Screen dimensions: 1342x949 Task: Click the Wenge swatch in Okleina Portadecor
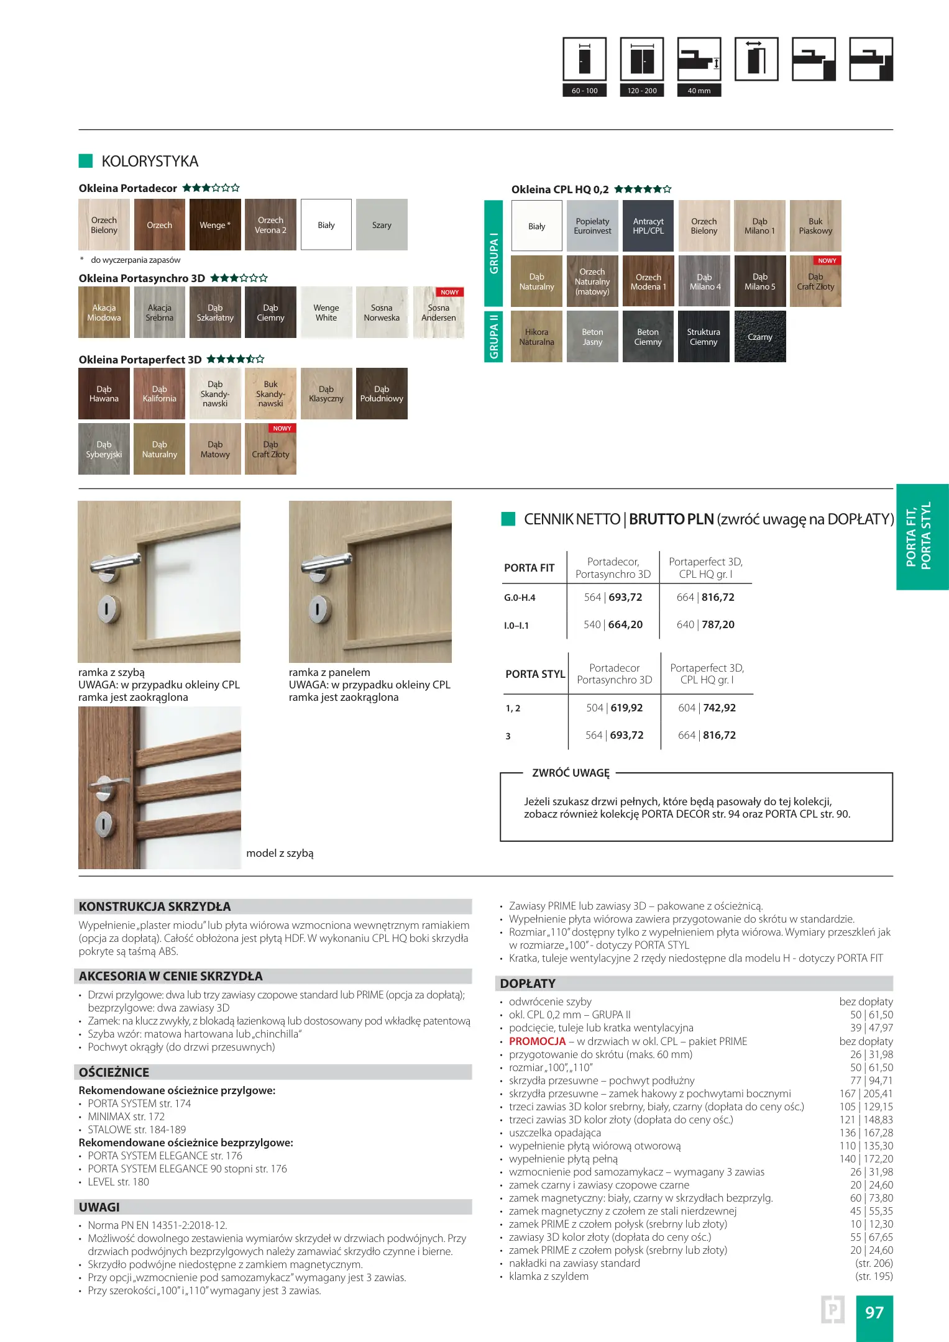(x=215, y=225)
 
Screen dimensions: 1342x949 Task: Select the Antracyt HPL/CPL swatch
(x=648, y=226)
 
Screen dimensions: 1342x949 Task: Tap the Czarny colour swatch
(x=759, y=337)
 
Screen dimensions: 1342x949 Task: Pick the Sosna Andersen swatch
(x=438, y=313)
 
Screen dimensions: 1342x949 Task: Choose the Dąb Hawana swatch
(x=104, y=394)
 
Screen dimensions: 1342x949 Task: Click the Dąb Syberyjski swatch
(x=104, y=449)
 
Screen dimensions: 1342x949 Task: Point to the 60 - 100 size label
(x=584, y=91)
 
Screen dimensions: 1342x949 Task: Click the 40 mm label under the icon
(x=699, y=91)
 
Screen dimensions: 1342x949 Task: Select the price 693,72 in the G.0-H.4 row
(x=625, y=597)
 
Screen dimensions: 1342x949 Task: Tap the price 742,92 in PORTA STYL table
(x=719, y=708)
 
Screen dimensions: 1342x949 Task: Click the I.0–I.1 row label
(x=516, y=626)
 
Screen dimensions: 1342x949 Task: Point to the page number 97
(x=874, y=1312)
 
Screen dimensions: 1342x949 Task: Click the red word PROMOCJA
(x=537, y=1041)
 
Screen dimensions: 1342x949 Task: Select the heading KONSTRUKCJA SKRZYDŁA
(x=155, y=906)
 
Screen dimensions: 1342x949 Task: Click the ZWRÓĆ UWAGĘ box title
(x=571, y=773)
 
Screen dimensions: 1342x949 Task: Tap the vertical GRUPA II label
(x=493, y=336)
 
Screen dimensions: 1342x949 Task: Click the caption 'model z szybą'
(x=280, y=853)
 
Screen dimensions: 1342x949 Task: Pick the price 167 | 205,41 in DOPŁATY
(x=866, y=1093)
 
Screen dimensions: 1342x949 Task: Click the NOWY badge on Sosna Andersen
(x=449, y=292)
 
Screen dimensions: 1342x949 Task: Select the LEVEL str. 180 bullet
(x=118, y=1182)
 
